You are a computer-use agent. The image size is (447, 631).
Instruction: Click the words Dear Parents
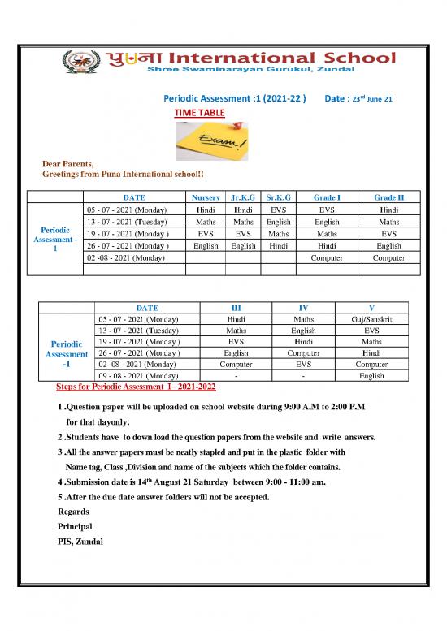pos(67,163)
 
